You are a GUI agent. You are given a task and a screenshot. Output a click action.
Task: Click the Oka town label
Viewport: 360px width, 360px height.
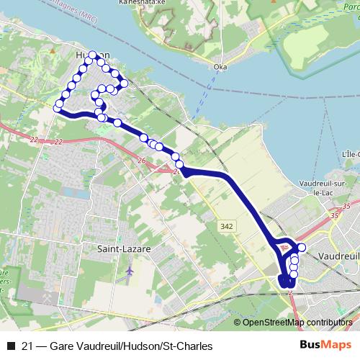[221, 68]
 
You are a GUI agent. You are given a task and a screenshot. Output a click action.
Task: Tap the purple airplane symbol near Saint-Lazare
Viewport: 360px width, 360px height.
[129, 271]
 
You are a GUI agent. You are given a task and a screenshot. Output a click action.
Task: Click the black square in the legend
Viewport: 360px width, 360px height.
[10, 346]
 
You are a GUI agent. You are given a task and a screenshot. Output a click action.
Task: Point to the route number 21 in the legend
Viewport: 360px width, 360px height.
[29, 346]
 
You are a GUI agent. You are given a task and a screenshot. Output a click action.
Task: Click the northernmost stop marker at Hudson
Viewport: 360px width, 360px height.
[93, 55]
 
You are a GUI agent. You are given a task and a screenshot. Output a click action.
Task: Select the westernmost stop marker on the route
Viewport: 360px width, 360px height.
[58, 108]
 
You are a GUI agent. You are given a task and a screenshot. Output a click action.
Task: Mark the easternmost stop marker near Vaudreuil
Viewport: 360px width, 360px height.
[302, 248]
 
